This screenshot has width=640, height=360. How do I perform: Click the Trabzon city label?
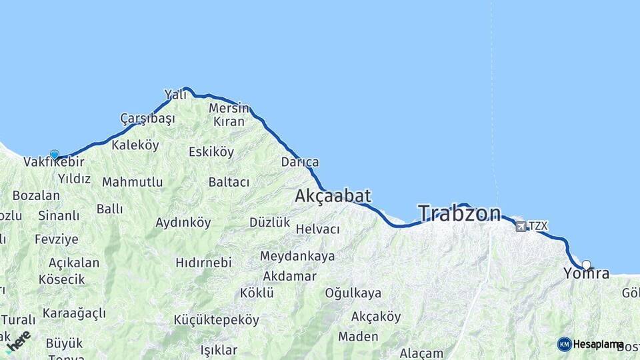point(459,213)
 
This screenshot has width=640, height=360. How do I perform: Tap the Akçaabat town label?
point(333,195)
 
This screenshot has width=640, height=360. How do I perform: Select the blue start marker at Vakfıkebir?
point(54,155)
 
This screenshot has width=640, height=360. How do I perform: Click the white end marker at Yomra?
point(586,265)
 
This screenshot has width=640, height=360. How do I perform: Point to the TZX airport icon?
point(520,226)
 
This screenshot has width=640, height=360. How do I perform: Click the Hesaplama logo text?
point(598,345)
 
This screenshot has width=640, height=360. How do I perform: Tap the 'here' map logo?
point(19,341)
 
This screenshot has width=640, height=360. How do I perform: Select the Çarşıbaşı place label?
point(147,119)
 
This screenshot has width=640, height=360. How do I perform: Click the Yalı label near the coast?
point(176,95)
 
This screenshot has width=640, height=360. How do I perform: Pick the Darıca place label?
point(300,162)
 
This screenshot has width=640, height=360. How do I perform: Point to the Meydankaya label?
point(297,256)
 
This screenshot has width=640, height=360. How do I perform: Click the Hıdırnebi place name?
point(203,263)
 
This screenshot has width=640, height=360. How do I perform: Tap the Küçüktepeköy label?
point(216,320)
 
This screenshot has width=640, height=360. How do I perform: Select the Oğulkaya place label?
point(353,293)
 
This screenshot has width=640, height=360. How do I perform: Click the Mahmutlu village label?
point(132,181)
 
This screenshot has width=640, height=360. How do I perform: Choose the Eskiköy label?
point(211,152)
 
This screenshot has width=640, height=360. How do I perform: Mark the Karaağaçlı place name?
point(74,313)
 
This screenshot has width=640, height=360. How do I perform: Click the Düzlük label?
point(269,222)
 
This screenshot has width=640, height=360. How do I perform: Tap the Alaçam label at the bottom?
point(421,353)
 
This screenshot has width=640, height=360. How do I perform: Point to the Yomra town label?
point(587,273)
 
